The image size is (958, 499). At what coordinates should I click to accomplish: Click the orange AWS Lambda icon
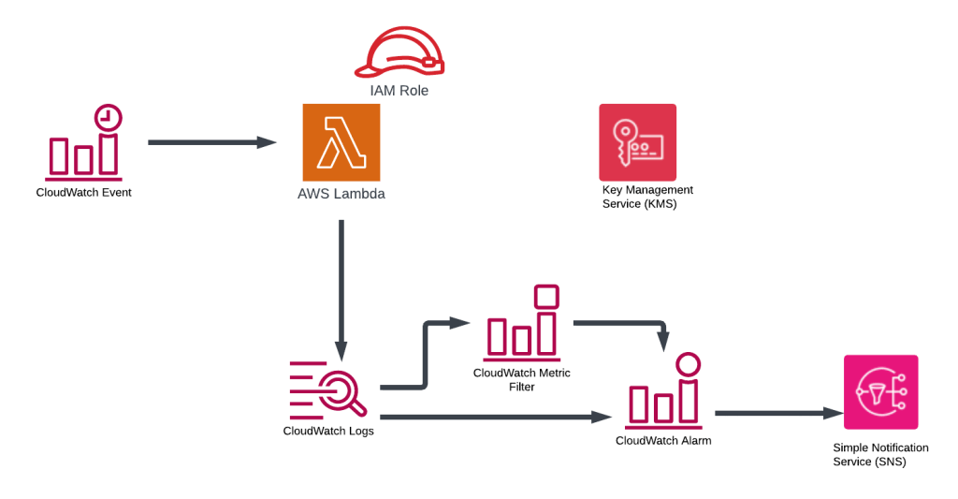point(341,142)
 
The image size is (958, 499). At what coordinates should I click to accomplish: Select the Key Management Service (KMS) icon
point(637,142)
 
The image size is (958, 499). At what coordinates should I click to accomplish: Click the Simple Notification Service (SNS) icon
point(880,391)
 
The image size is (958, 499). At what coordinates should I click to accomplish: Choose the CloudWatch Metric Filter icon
point(522,326)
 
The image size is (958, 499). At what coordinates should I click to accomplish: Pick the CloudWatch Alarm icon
point(665,391)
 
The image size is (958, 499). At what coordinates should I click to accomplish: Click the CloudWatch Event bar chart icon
point(83,150)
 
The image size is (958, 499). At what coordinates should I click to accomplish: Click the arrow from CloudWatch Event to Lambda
point(212,142)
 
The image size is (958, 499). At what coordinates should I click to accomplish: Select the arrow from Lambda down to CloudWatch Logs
point(341,290)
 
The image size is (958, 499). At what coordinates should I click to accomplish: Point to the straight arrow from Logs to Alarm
point(496,417)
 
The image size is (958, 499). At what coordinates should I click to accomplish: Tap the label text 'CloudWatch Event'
point(83,193)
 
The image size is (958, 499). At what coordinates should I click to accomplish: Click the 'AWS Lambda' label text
point(341,195)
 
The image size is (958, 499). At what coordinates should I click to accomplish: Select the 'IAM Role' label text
point(398,91)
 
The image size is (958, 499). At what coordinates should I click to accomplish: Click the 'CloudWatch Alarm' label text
point(663,440)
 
